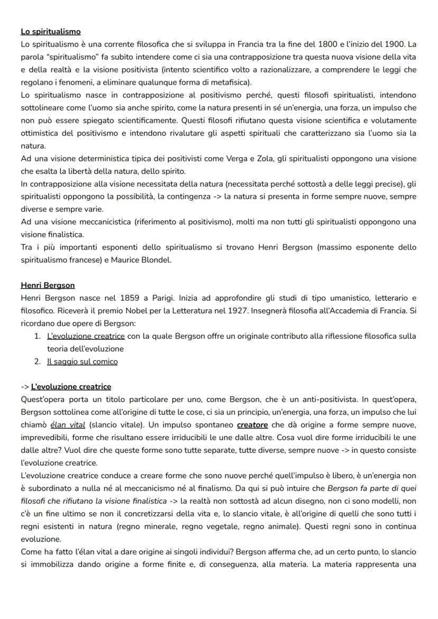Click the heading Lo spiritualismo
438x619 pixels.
[51, 32]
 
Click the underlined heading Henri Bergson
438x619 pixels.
[48, 285]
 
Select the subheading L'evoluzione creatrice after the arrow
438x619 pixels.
[71, 387]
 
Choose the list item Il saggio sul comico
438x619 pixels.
[83, 362]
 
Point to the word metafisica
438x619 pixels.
[230, 83]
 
